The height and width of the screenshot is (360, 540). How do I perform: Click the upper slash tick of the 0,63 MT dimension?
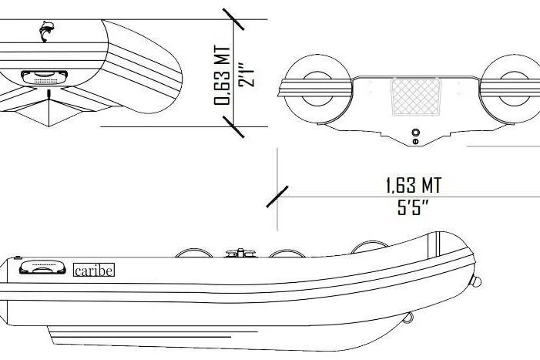coord(234,19)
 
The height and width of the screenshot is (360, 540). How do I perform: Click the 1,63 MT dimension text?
coord(414,186)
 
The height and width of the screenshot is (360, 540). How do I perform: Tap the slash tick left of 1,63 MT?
coord(277,196)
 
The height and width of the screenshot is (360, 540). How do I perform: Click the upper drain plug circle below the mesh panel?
coord(416,132)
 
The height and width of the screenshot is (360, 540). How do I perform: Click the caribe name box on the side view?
coord(93,271)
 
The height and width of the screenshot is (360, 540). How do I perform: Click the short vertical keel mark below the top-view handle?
coord(50,94)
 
